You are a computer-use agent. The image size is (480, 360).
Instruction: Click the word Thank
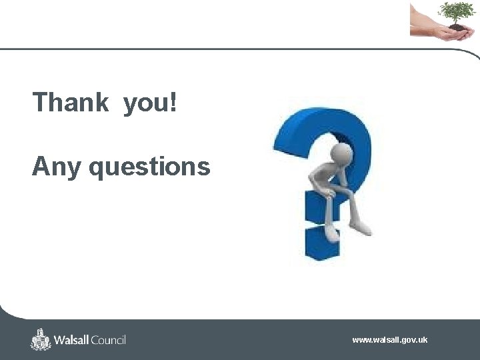tap(70, 103)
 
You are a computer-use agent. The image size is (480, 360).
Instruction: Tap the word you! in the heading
tap(150, 104)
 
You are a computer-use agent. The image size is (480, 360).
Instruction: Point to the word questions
tap(149, 167)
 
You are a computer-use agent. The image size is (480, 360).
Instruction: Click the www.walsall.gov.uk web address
tap(390, 340)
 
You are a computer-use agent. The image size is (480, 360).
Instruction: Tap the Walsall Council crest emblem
tap(41, 339)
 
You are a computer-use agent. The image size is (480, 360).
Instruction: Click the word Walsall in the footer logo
tap(72, 340)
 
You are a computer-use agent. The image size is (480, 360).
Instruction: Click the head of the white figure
tap(343, 152)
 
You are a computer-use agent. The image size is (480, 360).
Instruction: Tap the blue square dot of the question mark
tap(322, 243)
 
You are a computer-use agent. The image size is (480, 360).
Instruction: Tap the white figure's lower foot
tap(331, 233)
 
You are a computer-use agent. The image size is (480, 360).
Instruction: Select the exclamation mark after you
tap(174, 103)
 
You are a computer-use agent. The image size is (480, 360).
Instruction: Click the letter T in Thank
tap(40, 103)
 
